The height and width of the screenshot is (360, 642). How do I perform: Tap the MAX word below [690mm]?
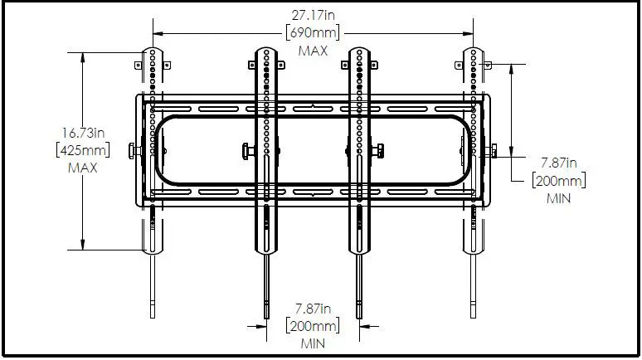pos(314,50)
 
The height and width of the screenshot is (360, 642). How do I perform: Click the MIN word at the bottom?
pos(314,343)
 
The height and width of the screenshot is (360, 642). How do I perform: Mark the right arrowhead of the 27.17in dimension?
pos(470,33)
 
